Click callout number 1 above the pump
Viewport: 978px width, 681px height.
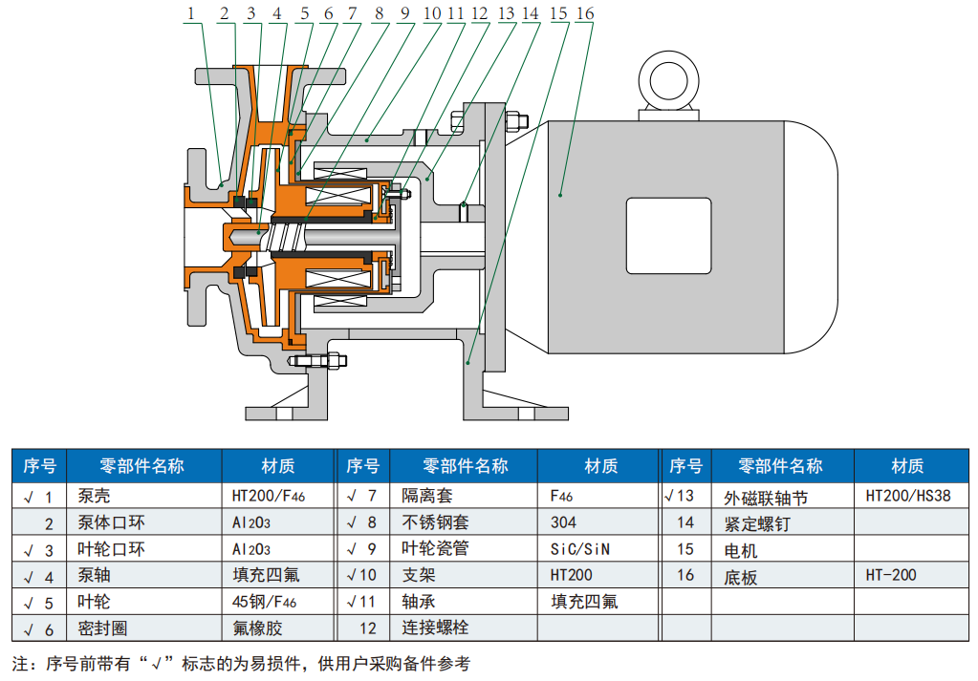coord(191,12)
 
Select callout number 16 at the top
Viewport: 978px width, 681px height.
coord(585,12)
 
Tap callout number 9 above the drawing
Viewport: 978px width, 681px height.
coord(404,12)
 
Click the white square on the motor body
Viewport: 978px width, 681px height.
coord(669,235)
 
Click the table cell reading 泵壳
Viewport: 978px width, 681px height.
coord(94,497)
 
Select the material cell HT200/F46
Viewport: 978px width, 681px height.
coord(269,497)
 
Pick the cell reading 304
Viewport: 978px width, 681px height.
coord(564,522)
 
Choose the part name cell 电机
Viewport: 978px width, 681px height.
coord(741,549)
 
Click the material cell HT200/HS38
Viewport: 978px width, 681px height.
coord(908,497)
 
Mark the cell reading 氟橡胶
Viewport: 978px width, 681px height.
coord(258,628)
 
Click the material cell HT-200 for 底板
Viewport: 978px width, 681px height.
coord(891,575)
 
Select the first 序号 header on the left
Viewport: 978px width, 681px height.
coord(39,466)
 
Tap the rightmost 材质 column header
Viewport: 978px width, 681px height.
coord(907,466)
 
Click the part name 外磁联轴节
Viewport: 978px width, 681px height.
coord(766,497)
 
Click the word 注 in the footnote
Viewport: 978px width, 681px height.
coord(19,663)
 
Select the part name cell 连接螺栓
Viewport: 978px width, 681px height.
coord(435,628)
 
